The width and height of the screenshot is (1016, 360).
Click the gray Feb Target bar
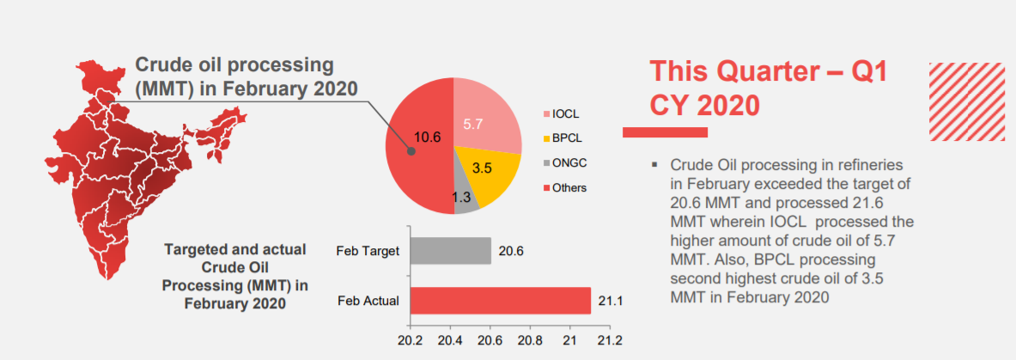[450, 251]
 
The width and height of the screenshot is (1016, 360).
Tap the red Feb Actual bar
[500, 301]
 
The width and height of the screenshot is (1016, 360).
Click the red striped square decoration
[967, 101]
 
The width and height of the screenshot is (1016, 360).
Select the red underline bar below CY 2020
[665, 131]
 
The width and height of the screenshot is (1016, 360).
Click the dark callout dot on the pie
[411, 149]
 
